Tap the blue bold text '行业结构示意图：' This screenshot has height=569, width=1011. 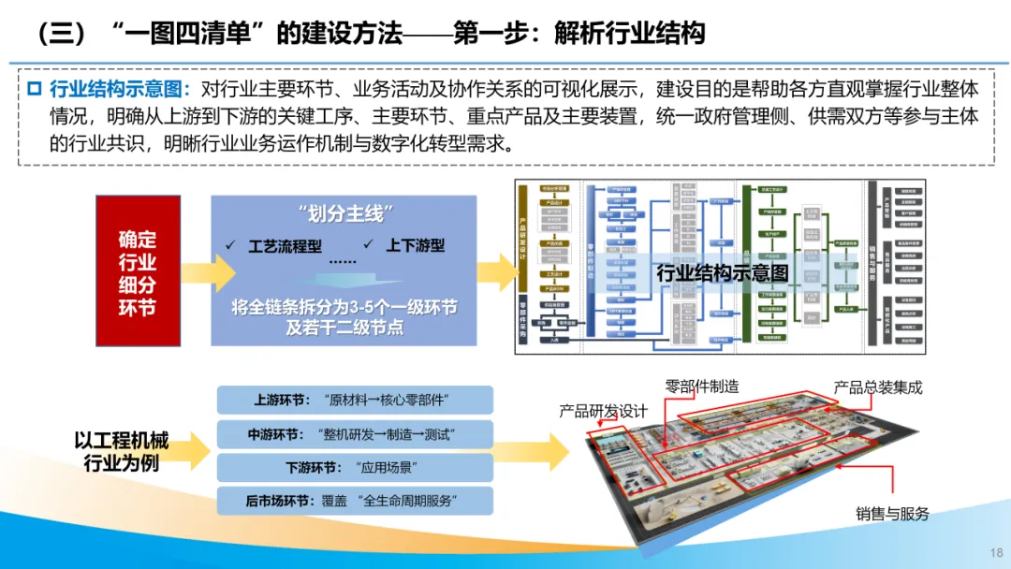coord(120,90)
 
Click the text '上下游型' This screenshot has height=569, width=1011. coord(416,246)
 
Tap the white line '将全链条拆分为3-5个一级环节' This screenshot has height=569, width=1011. coord(344,307)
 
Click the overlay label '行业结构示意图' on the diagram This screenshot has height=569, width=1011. coord(722,273)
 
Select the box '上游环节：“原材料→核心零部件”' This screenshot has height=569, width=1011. coord(354,400)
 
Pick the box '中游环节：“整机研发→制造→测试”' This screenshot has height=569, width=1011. coord(354,434)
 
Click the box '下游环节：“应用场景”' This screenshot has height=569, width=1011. coord(354,467)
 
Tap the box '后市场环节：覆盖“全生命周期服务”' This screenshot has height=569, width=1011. coord(354,501)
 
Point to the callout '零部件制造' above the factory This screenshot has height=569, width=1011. coord(702,386)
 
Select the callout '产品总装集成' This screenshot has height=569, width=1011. coord(878,387)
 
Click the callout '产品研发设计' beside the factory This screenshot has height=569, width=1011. coord(604,411)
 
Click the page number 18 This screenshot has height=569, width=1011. coord(995,552)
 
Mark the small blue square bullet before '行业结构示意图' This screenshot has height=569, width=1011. coord(35,90)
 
